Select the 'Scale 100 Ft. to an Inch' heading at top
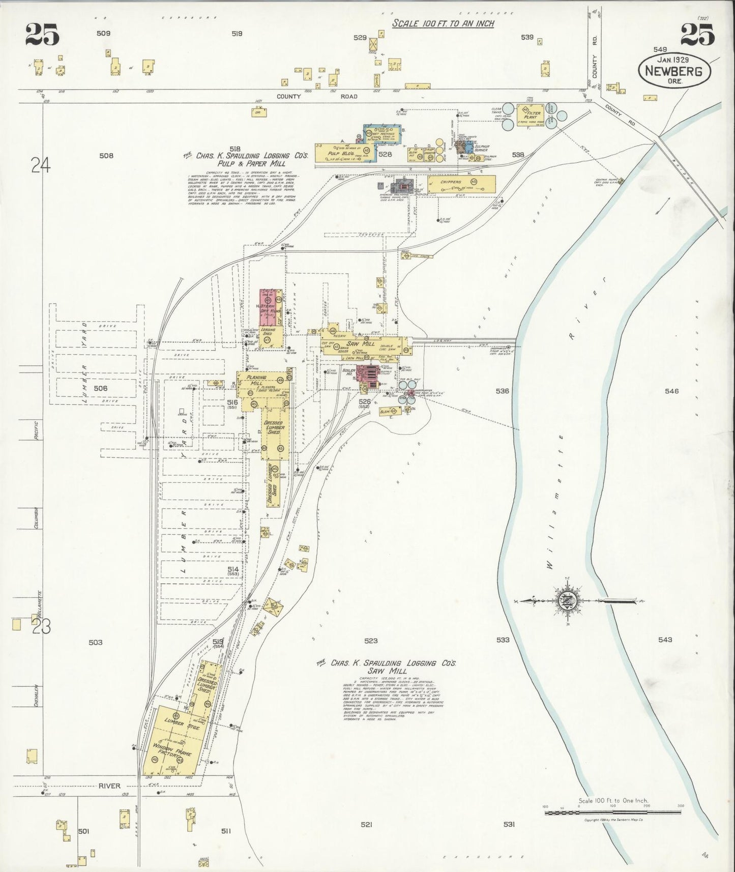click(x=443, y=24)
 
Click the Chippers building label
click(x=452, y=181)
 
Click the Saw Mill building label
click(x=364, y=343)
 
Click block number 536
click(x=502, y=391)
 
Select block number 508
click(x=106, y=156)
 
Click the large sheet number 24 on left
click(x=40, y=165)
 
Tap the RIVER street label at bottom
click(x=109, y=800)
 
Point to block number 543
click(x=665, y=640)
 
